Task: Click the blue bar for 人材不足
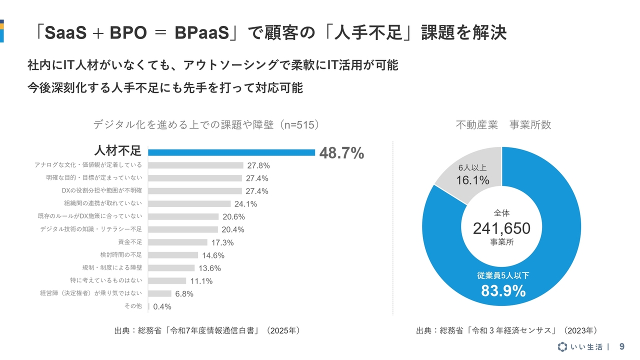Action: (231, 152)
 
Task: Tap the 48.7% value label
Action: (341, 153)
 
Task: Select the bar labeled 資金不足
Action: (177, 242)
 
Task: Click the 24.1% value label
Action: (245, 204)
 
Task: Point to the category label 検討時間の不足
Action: (121, 255)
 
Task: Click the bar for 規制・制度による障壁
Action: (171, 268)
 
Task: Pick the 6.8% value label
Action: (184, 294)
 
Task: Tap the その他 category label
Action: (132, 306)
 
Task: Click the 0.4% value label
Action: (162, 306)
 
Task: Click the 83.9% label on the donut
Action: (503, 290)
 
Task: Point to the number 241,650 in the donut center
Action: (501, 228)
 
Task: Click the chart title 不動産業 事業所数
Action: (503, 125)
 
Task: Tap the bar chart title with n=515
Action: (206, 125)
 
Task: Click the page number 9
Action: (622, 346)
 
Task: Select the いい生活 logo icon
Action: (562, 347)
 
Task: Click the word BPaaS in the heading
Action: (205, 33)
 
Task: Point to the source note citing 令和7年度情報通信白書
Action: (207, 330)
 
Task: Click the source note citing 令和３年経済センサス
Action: (506, 330)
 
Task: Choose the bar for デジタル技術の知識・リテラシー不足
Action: (183, 229)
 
